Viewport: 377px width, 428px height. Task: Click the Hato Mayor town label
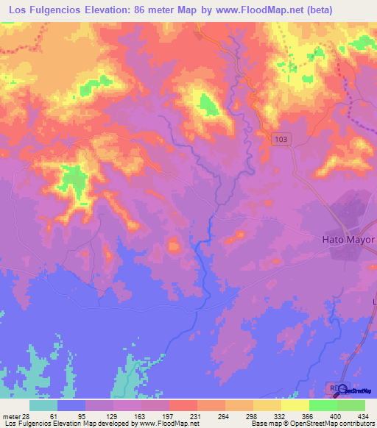[x=349, y=240]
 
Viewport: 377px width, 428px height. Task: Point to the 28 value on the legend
[x=28, y=415]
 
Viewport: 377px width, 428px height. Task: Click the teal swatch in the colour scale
[x=43, y=405]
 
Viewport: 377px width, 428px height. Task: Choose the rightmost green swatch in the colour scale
[x=351, y=405]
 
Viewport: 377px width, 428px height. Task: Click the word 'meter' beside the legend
[x=13, y=415]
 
